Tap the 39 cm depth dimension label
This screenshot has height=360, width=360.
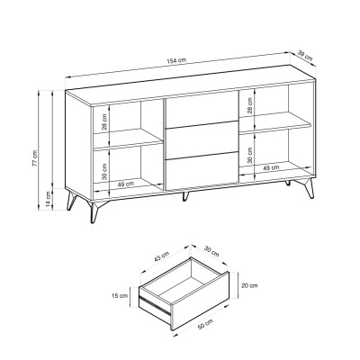click(308, 57)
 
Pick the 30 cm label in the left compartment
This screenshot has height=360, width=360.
click(105, 171)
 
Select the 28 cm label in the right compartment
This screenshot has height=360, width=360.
click(249, 106)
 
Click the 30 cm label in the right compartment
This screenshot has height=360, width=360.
click(249, 155)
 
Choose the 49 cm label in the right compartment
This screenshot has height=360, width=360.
click(270, 167)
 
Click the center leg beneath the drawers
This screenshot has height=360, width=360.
click(186, 195)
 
